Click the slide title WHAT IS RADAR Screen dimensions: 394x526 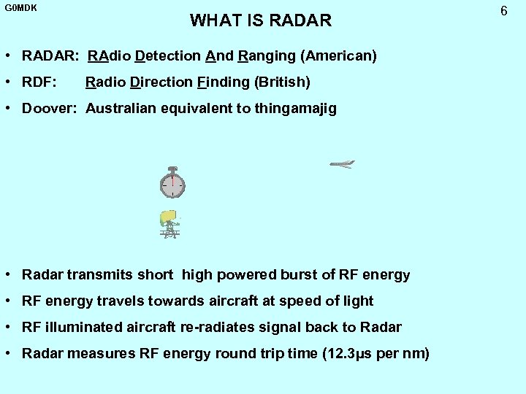(261, 20)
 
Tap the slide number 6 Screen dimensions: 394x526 (503, 11)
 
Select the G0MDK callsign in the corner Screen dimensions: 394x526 (20, 9)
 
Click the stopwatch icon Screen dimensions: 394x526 (172, 183)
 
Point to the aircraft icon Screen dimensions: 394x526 (342, 164)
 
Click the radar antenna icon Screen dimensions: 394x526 (170, 224)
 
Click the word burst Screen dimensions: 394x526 (297, 275)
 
